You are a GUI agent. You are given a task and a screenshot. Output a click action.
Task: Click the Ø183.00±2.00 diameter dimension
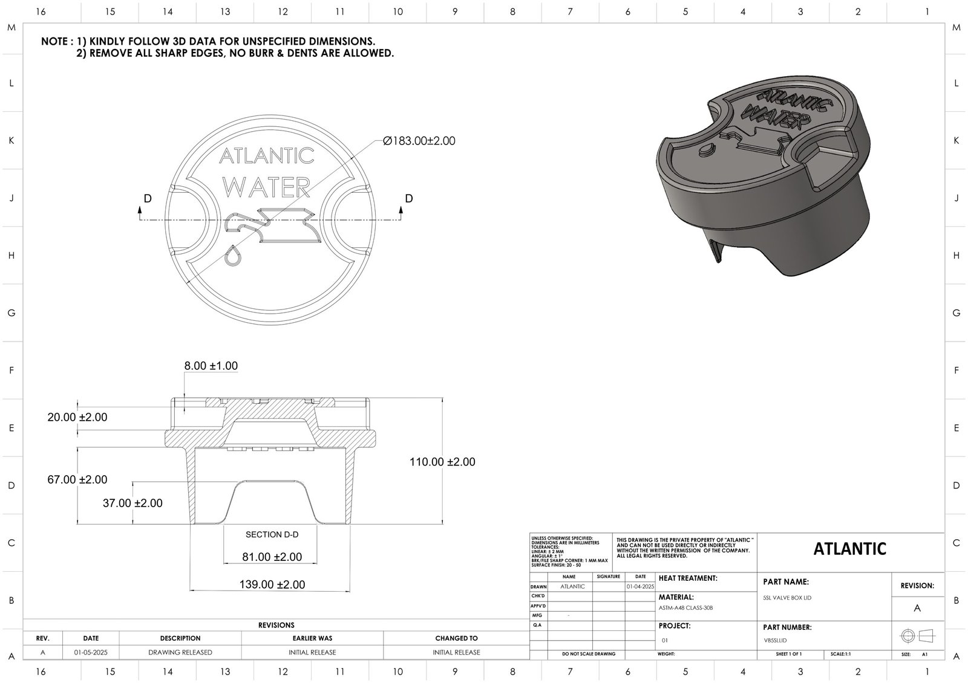click(419, 141)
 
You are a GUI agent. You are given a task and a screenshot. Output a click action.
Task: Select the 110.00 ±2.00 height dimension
click(442, 462)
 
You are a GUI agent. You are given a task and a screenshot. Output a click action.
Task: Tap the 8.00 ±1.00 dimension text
click(211, 366)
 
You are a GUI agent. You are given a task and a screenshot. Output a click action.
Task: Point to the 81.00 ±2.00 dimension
click(272, 557)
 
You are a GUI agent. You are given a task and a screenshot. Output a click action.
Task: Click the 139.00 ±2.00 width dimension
click(273, 584)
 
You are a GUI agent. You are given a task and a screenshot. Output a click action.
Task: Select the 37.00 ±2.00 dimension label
click(132, 503)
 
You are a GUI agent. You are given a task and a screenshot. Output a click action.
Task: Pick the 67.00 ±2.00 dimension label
click(77, 479)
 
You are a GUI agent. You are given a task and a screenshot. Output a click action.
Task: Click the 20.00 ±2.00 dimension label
click(77, 417)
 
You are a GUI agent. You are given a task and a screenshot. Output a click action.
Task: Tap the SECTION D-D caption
click(272, 534)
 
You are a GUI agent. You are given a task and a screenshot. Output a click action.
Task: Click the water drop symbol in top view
click(232, 255)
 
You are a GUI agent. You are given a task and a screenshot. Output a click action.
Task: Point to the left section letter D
click(148, 199)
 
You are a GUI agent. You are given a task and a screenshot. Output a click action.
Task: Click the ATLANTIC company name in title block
click(849, 549)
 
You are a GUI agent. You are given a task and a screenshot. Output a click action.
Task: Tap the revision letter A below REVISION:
click(917, 608)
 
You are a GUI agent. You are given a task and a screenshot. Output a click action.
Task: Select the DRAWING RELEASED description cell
click(180, 652)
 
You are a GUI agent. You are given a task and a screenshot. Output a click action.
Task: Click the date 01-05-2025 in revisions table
click(91, 652)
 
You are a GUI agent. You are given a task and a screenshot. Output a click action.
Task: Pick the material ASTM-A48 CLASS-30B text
click(685, 607)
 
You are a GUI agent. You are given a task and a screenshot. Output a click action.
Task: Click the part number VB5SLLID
click(776, 640)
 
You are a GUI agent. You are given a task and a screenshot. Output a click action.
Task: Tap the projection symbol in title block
click(917, 636)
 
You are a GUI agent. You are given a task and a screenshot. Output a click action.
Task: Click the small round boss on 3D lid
click(706, 150)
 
